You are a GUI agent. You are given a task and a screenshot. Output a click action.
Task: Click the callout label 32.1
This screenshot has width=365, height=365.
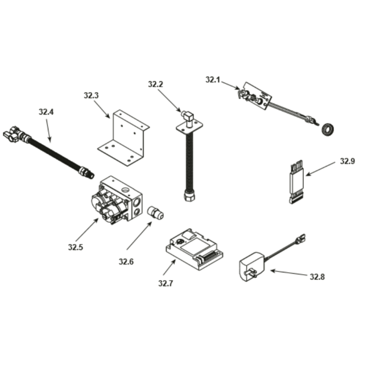(x=212, y=80)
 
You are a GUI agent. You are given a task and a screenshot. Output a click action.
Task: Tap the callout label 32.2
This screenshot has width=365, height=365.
(x=155, y=84)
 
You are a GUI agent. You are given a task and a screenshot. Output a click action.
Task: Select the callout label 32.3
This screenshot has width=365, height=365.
(x=91, y=95)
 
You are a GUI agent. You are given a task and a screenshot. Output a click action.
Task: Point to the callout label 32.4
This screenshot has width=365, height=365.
(x=46, y=112)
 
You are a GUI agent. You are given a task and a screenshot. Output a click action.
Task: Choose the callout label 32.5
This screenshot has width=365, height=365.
(x=76, y=247)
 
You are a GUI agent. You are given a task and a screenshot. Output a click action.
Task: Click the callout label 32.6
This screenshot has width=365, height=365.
(x=126, y=262)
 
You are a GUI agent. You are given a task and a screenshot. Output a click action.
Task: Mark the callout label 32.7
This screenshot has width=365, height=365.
(x=166, y=284)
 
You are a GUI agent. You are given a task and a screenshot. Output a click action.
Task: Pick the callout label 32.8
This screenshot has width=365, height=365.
(x=317, y=277)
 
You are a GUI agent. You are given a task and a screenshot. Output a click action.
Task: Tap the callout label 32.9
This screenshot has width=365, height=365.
(x=347, y=161)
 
